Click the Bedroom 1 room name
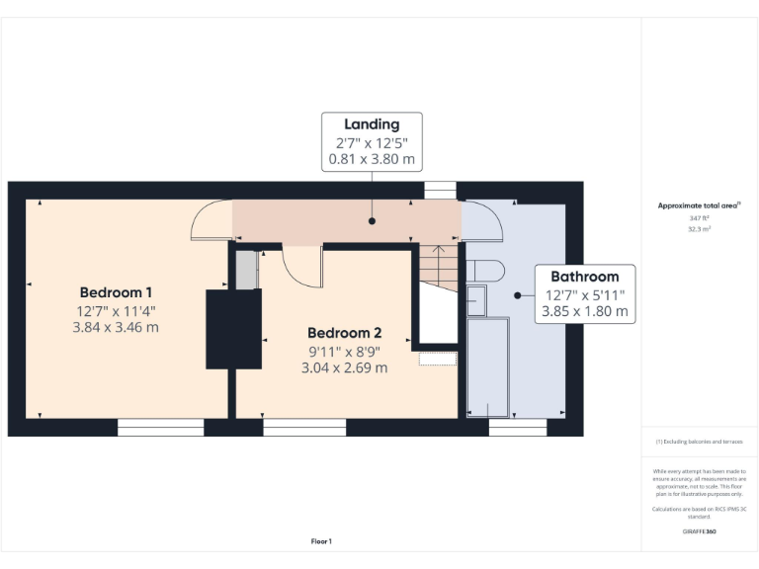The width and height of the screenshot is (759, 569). [116, 292]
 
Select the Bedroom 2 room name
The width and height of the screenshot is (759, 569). [344, 333]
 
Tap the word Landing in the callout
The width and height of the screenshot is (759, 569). [372, 124]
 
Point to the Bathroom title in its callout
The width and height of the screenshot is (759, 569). [584, 277]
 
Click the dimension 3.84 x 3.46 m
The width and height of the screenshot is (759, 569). [116, 327]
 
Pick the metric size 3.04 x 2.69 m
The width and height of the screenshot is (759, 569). [344, 367]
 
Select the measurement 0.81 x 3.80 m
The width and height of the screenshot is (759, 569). [372, 158]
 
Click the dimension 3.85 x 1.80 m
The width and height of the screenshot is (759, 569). [584, 310]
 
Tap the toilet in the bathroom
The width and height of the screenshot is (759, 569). [484, 270]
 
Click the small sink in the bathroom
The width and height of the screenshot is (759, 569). [475, 299]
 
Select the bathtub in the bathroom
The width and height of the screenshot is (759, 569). [487, 366]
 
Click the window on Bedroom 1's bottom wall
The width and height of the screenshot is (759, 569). [160, 428]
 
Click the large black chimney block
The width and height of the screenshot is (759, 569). [233, 329]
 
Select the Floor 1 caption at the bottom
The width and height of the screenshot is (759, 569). [321, 541]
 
